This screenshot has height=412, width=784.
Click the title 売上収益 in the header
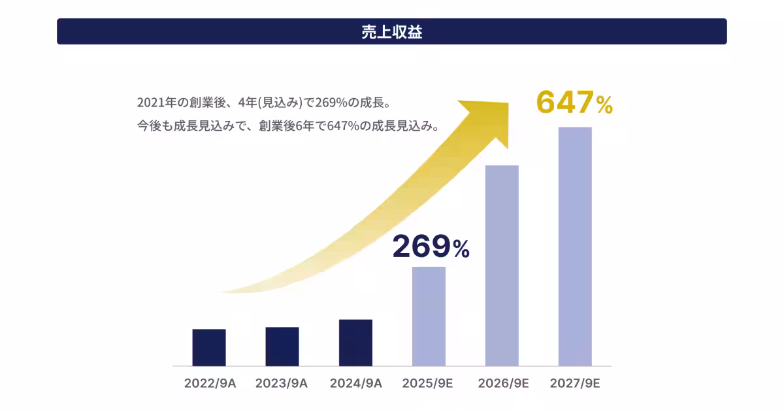click(x=392, y=32)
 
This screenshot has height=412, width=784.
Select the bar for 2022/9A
click(x=209, y=347)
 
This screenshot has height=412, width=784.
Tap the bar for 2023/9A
click(x=282, y=347)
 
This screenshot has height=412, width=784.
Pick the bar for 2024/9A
click(x=355, y=343)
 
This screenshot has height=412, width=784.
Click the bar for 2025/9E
click(x=429, y=317)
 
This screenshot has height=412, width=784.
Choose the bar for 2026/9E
click(x=502, y=266)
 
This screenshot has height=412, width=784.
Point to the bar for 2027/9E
click(x=575, y=247)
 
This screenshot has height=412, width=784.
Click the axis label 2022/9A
click(x=209, y=383)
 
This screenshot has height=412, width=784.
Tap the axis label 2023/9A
click(x=282, y=383)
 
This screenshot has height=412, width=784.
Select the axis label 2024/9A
click(x=355, y=383)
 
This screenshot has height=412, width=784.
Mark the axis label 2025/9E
click(x=429, y=383)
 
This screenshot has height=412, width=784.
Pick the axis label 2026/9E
click(x=502, y=383)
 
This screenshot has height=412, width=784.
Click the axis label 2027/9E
click(x=575, y=383)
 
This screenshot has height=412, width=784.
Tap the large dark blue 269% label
click(x=431, y=247)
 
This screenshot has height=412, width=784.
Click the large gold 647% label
click(x=574, y=103)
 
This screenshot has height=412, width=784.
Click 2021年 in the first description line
click(x=155, y=103)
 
